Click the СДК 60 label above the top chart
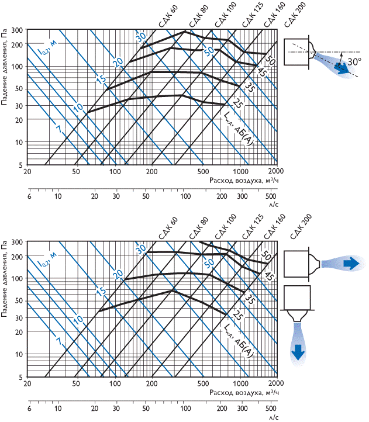[x=168, y=17]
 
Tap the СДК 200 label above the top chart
[x=295, y=15]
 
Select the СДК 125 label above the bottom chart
[x=253, y=227]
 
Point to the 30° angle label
[x=354, y=61]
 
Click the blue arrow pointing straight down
[x=298, y=352]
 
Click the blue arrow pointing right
[x=351, y=263]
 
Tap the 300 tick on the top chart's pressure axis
[x=17, y=30]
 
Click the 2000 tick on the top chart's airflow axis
[x=276, y=171]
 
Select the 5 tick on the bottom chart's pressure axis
[x=20, y=378]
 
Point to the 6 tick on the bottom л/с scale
[x=29, y=409]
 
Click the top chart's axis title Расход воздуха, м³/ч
[x=244, y=180]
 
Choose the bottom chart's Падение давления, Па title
[x=4, y=280]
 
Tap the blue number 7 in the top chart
[x=59, y=129]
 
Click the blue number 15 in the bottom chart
[x=101, y=291]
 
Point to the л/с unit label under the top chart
[x=273, y=204]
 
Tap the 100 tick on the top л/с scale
[x=185, y=196]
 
